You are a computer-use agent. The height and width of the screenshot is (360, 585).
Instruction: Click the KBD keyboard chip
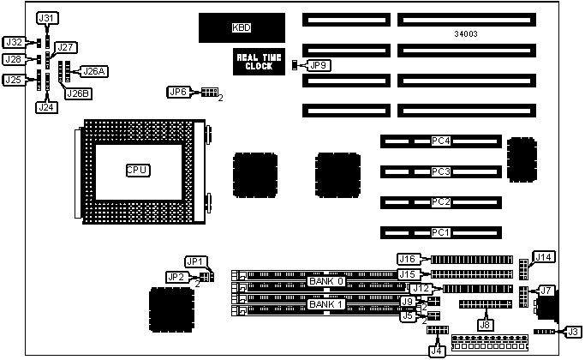click(x=242, y=28)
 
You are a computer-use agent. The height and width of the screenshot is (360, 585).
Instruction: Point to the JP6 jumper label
click(x=177, y=91)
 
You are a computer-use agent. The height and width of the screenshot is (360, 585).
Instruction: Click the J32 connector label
click(x=14, y=42)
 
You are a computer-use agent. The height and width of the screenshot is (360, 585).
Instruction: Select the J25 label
click(x=13, y=81)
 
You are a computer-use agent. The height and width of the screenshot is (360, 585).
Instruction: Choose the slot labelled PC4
click(x=440, y=141)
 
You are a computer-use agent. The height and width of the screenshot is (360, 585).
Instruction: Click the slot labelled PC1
click(x=440, y=232)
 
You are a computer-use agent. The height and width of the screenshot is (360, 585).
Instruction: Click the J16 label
click(x=408, y=259)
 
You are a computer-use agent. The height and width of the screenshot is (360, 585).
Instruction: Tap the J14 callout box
click(x=543, y=256)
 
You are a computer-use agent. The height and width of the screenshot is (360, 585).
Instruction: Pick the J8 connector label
click(x=486, y=324)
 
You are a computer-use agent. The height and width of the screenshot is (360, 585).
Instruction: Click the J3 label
click(x=574, y=332)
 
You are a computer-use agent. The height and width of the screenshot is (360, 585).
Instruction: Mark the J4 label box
click(x=437, y=349)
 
